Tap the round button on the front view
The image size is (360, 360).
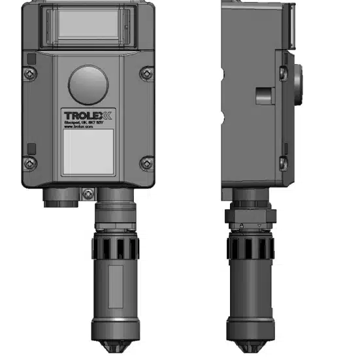(89, 82)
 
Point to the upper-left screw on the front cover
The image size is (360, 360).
(29, 74)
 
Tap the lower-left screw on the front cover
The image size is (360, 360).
(29, 161)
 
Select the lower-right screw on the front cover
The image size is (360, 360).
(148, 161)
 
